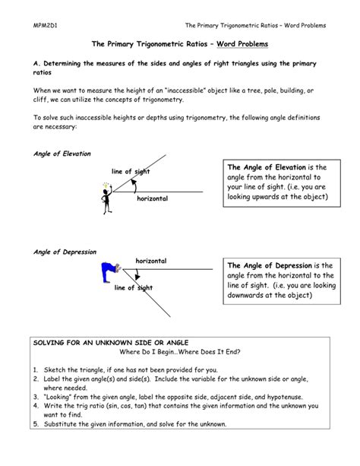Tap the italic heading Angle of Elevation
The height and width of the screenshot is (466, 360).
[62, 153]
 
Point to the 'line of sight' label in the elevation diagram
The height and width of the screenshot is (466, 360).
[130, 172]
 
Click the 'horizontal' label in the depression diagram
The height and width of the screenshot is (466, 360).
[150, 261]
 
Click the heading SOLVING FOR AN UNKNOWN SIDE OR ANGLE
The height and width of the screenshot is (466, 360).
[101, 343]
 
